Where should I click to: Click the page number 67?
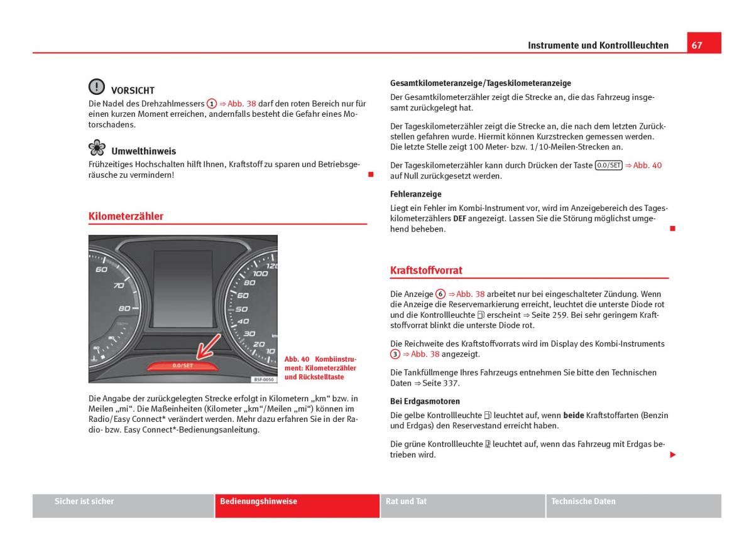pyautogui.click(x=697, y=45)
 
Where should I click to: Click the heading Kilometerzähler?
pyautogui.click(x=126, y=216)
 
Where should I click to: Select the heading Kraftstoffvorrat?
pyautogui.click(x=426, y=270)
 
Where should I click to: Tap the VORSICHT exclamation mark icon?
pyautogui.click(x=97, y=87)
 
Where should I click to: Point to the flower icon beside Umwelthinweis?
pyautogui.click(x=97, y=148)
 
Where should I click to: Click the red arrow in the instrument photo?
pyautogui.click(x=208, y=347)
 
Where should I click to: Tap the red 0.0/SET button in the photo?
pyautogui.click(x=183, y=365)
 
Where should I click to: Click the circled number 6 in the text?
pyautogui.click(x=440, y=294)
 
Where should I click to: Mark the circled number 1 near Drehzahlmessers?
pyautogui.click(x=212, y=104)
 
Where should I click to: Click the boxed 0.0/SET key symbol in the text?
pyautogui.click(x=608, y=165)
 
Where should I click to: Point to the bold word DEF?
pyautogui.click(x=459, y=218)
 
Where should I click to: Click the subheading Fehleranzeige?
pyautogui.click(x=415, y=194)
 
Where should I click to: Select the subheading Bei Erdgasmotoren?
pyautogui.click(x=425, y=401)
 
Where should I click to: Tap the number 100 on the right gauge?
pyautogui.click(x=260, y=273)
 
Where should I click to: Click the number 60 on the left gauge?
pyautogui.click(x=101, y=269)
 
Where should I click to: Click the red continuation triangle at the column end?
pyautogui.click(x=672, y=455)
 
